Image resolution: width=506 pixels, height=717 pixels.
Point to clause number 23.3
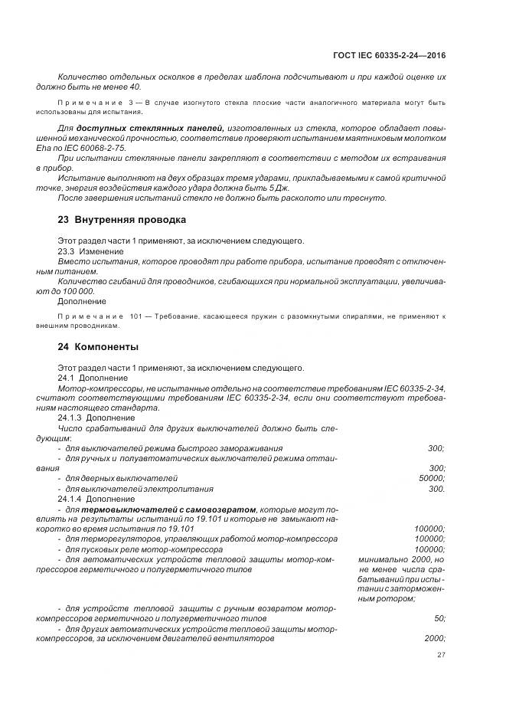coord(67,251)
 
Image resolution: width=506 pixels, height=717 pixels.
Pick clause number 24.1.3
coord(70,419)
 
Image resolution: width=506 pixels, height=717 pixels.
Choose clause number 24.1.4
coord(70,499)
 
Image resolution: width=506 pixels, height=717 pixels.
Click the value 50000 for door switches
coord(432,478)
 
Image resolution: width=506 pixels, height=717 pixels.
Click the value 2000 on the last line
coord(435,638)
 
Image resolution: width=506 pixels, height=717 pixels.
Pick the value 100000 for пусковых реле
coord(430,549)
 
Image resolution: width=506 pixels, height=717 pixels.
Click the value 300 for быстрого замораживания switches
coord(437,448)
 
